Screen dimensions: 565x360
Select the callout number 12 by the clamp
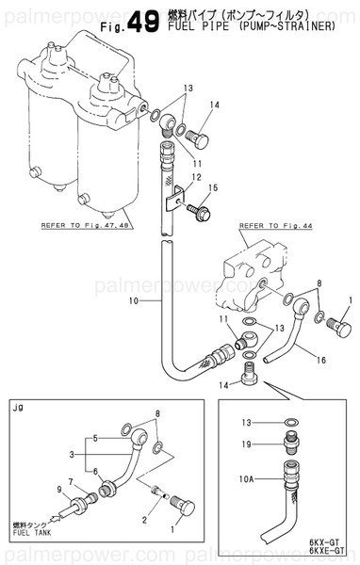[x=196, y=177]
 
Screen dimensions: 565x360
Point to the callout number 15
[x=212, y=188]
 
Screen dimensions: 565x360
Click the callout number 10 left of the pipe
[x=133, y=301]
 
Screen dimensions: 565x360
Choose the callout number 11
[x=224, y=321]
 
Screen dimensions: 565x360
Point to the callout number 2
[x=142, y=520]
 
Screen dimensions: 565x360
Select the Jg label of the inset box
[x=18, y=407]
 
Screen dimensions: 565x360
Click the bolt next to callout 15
[x=195, y=202]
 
